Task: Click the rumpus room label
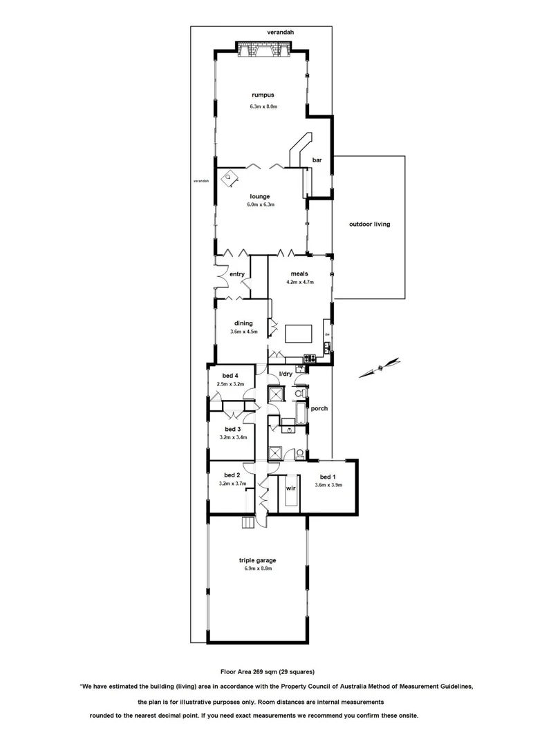(x=262, y=95)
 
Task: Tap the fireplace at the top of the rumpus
(x=261, y=51)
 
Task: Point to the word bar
(x=317, y=160)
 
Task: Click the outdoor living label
(x=368, y=224)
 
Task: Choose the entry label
(x=237, y=274)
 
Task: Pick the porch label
(x=319, y=408)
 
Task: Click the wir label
(x=290, y=488)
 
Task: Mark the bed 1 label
(x=328, y=476)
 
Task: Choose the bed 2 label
(x=232, y=475)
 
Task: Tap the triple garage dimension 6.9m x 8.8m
(x=258, y=568)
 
